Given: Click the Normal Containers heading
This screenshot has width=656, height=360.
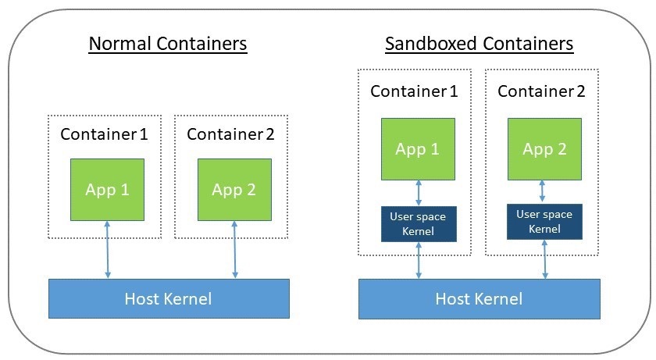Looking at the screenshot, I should point(168,43).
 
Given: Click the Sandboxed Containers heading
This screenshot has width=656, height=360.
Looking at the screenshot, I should point(479,43).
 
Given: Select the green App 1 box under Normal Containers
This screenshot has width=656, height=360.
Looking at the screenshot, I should point(107,190).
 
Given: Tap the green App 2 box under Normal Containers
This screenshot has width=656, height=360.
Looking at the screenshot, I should point(234,190).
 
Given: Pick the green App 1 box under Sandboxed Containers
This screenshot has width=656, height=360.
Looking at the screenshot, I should point(418,149).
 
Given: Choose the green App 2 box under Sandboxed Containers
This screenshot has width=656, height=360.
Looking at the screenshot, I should point(544,149).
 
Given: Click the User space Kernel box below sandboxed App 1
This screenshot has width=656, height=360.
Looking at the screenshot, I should point(418,224).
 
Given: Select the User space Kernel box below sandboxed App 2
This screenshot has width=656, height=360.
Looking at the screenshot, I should point(544,222).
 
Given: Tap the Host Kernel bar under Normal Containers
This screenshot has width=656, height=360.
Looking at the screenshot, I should point(168,298).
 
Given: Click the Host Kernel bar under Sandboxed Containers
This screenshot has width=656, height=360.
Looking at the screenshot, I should point(479,298).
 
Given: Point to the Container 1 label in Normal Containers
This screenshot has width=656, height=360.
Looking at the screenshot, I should point(104,134).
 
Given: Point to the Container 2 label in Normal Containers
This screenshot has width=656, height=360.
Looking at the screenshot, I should point(230,134).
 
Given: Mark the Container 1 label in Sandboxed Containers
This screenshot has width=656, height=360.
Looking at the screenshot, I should point(414,91).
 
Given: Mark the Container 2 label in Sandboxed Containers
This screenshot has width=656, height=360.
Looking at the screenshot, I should point(541,91).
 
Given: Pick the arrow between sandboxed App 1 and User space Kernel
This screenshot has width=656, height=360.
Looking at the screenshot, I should point(420,193).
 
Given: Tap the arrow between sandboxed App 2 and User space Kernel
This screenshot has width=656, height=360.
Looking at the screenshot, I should point(544,192).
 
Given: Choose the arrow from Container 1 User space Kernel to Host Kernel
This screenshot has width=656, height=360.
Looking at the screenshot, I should point(420,260).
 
